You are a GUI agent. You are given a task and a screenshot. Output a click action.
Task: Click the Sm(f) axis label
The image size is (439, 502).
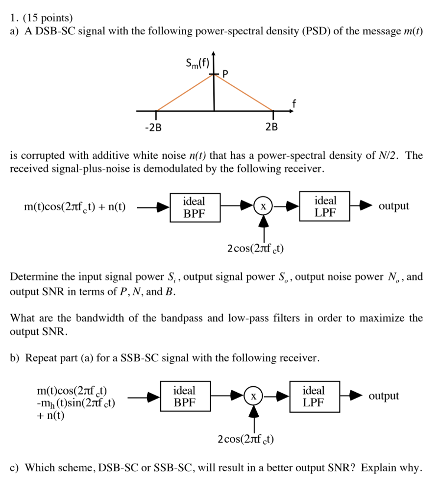coord(196,63)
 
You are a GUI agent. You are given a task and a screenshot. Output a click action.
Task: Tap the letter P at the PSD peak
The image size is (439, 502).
coord(225,74)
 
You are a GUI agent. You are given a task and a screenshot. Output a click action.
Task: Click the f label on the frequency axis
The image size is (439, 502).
coord(294,103)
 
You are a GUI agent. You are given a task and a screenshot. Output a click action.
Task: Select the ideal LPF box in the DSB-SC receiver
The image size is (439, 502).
coord(325,206)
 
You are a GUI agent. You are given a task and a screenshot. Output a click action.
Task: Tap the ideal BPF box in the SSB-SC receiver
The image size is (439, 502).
coord(184,397)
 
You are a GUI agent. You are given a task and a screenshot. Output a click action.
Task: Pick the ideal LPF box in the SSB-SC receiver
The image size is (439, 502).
coord(314,397)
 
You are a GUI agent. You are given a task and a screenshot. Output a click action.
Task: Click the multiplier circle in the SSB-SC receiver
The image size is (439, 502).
coord(253,396)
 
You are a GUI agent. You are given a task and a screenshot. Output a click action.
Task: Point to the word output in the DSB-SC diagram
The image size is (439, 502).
coord(394,206)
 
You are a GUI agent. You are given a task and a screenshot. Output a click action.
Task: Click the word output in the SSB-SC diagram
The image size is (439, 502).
coord(384,396)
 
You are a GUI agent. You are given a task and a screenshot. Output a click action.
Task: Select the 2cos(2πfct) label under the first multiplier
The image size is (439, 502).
coord(256,249)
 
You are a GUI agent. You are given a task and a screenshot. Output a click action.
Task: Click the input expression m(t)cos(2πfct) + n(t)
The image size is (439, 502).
coord(74,207)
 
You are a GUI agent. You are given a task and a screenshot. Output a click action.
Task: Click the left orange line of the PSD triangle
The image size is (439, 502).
coord(185,93)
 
